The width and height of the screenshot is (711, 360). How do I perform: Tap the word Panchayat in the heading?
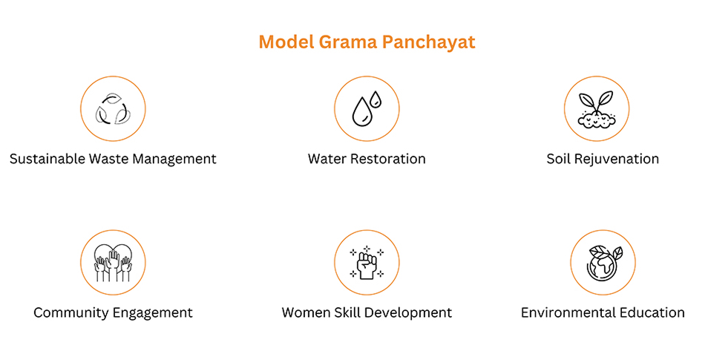point(428,42)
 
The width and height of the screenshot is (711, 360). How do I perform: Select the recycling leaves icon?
point(113,109)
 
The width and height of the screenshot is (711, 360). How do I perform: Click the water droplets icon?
point(367,109)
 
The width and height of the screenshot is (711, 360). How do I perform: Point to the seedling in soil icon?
point(597,109)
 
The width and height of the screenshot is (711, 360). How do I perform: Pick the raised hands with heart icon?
point(113,263)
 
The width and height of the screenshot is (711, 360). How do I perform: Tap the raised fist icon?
point(367,263)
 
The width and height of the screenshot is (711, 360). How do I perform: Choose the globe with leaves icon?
point(603,263)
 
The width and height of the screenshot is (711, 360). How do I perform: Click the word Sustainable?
point(47,159)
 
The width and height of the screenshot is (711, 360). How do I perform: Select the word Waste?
point(108,159)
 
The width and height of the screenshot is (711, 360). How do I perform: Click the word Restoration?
point(387,159)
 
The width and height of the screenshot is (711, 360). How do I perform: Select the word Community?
point(72,313)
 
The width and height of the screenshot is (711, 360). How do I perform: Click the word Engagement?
point(153,313)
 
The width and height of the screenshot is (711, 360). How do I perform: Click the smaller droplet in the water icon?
point(375,99)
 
